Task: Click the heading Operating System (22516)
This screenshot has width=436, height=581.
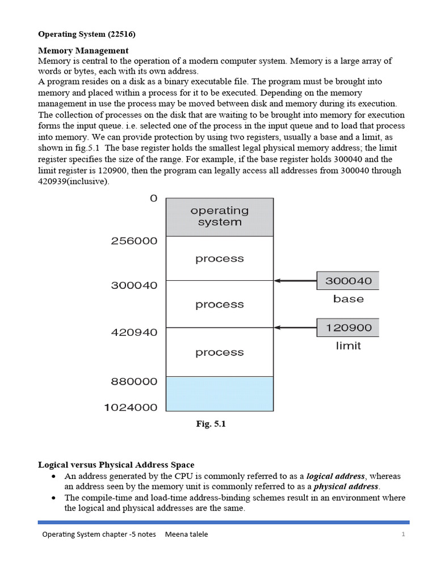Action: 86,35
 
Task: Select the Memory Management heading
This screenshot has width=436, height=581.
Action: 83,50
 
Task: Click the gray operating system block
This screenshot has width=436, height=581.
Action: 219,217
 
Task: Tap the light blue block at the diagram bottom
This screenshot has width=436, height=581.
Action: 219,393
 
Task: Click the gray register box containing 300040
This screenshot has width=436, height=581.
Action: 348,280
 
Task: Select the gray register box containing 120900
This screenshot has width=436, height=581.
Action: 348,327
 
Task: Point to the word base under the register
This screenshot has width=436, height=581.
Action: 348,299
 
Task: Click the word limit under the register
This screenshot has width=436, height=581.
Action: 348,346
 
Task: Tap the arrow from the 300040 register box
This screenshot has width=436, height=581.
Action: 295,280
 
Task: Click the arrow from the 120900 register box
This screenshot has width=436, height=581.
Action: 295,327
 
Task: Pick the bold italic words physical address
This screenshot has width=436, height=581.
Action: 346,486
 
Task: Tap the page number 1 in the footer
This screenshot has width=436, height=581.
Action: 402,534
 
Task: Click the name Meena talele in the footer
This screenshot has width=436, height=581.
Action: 186,534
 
